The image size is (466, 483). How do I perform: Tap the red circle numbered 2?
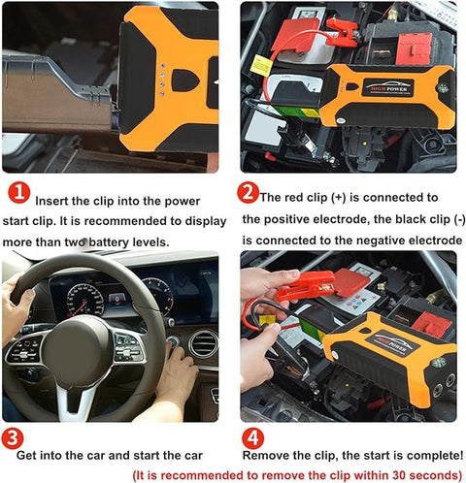pyautogui.click(x=250, y=192)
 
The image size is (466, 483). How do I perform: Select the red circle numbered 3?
pyautogui.click(x=13, y=437)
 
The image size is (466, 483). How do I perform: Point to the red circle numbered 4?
pyautogui.click(x=250, y=437)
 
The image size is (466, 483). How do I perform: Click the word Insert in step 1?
pyautogui.click(x=56, y=201)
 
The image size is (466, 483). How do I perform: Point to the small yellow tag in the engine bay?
pyautogui.click(x=261, y=65)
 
